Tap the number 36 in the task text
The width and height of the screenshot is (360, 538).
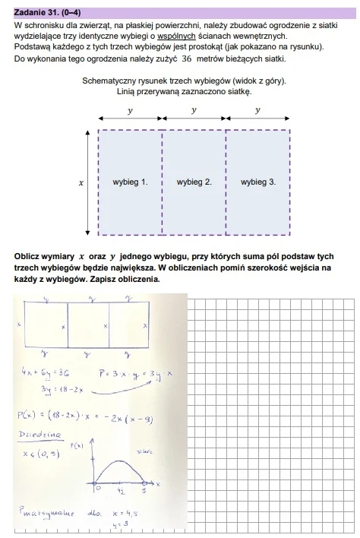(x=184, y=58)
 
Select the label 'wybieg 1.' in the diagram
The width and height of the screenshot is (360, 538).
(x=130, y=182)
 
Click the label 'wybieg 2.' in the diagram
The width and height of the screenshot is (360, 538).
(x=194, y=182)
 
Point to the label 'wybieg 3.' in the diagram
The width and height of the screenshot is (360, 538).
(x=258, y=182)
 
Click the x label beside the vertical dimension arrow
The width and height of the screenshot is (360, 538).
(x=81, y=183)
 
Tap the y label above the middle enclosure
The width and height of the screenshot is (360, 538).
(x=194, y=109)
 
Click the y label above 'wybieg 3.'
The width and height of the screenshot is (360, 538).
(x=258, y=109)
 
